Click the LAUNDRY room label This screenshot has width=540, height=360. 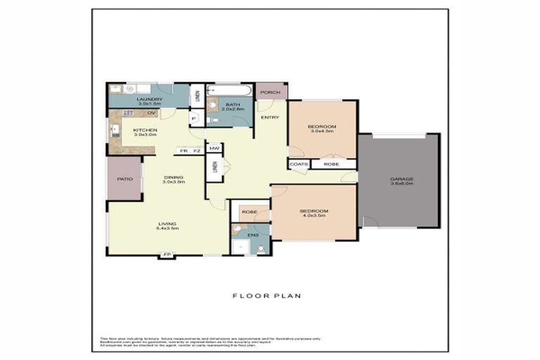pyautogui.click(x=148, y=100)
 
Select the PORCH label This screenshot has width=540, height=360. pyautogui.click(x=270, y=92)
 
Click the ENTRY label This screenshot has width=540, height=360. pyautogui.click(x=269, y=117)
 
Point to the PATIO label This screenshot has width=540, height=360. pyautogui.click(x=124, y=179)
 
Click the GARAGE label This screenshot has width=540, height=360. pyautogui.click(x=402, y=179)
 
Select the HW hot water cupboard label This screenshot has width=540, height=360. pyautogui.click(x=214, y=148)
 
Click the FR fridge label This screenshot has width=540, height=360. pyautogui.click(x=184, y=150)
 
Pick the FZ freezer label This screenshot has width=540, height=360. pyautogui.click(x=197, y=150)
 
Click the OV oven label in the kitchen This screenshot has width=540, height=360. pyautogui.click(x=151, y=113)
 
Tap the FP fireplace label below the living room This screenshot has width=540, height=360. pyautogui.click(x=167, y=254)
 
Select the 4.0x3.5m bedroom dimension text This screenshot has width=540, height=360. pyautogui.click(x=314, y=217)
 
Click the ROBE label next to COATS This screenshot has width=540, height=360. pyautogui.click(x=331, y=164)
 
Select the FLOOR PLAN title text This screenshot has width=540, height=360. pyautogui.click(x=266, y=296)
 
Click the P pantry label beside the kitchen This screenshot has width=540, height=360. pyautogui.click(x=193, y=119)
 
